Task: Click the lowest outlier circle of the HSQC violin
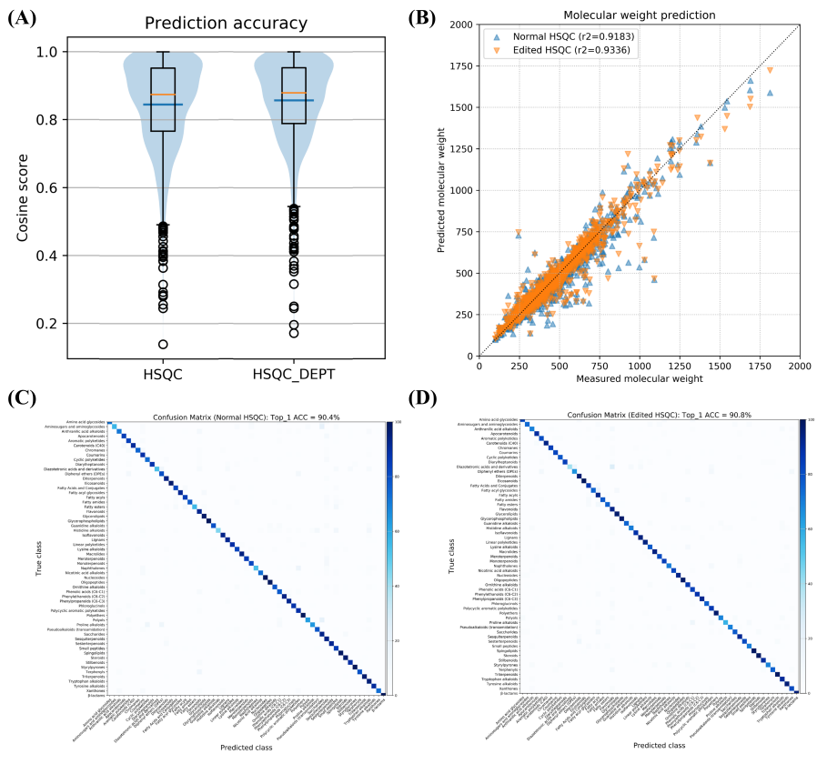coord(163,344)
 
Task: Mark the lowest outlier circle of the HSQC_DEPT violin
coord(294,333)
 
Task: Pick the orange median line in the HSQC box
coord(163,95)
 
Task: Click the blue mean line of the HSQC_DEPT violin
coord(294,100)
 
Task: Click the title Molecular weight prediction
coord(639,15)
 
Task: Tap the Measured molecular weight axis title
coord(639,377)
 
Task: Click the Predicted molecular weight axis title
coord(439,190)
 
